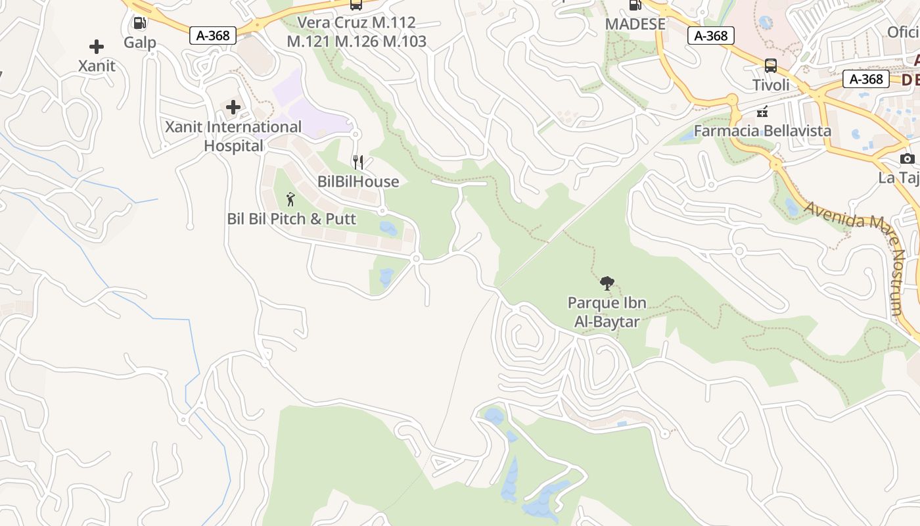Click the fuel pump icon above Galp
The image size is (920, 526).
(x=140, y=23)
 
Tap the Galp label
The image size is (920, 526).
(x=140, y=43)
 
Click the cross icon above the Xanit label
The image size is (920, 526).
(x=97, y=47)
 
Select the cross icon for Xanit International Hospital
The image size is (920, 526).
(x=233, y=107)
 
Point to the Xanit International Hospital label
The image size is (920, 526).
(x=233, y=136)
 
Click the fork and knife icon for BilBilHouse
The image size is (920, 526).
(x=358, y=162)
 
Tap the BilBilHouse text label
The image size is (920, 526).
(x=358, y=181)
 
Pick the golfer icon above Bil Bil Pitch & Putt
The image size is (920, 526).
(x=291, y=199)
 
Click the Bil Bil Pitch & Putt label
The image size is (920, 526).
(x=291, y=219)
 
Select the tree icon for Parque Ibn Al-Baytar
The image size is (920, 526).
(x=607, y=284)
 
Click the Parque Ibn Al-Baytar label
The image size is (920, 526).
(x=607, y=312)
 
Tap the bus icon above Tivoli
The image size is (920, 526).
(x=771, y=66)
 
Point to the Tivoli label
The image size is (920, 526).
(x=771, y=85)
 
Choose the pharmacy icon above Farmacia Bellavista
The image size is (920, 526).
(x=762, y=112)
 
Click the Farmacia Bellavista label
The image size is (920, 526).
(x=762, y=131)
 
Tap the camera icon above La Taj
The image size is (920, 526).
(x=908, y=159)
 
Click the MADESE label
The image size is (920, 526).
(x=635, y=24)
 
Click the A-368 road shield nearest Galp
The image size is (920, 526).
(x=213, y=36)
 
